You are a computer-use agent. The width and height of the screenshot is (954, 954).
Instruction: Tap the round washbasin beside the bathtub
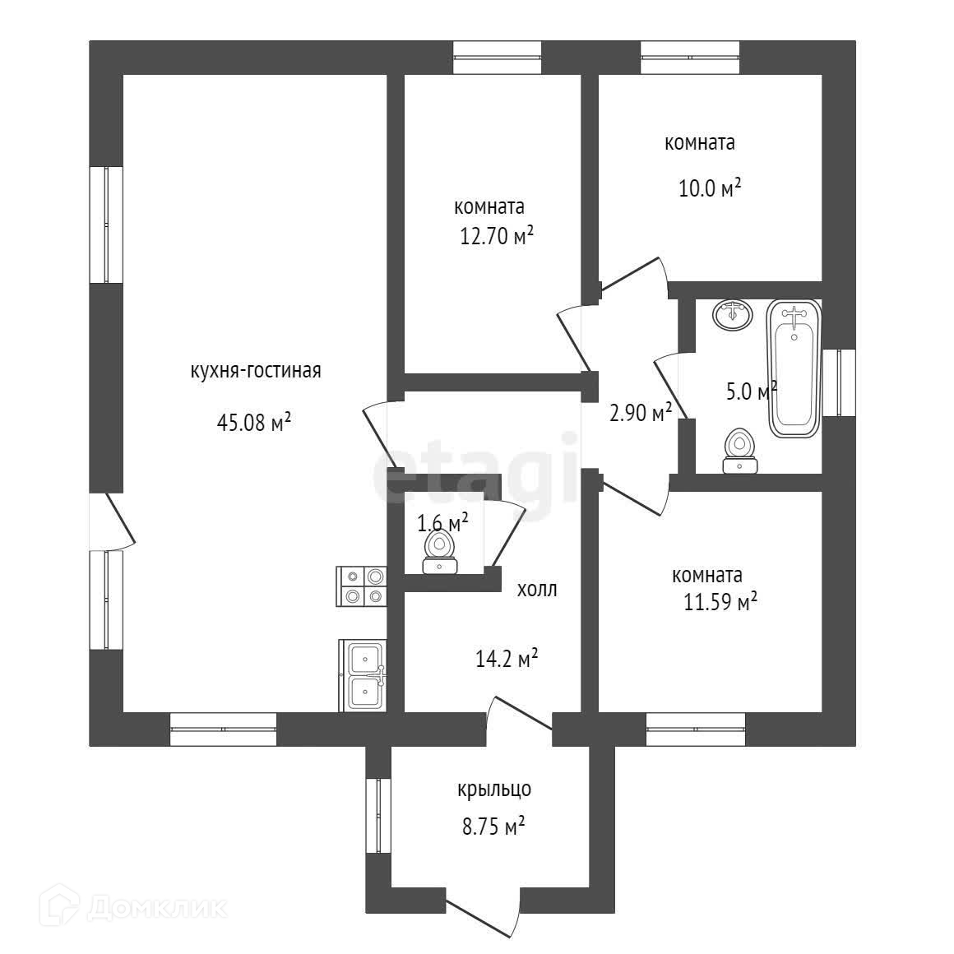click(x=732, y=314)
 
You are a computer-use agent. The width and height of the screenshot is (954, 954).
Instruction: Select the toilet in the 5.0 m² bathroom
click(x=740, y=452)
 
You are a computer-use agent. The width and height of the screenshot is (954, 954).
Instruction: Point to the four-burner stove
click(x=362, y=587)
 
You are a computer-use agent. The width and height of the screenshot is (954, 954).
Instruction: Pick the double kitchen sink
click(x=363, y=675)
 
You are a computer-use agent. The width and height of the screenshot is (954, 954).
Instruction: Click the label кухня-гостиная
click(x=255, y=371)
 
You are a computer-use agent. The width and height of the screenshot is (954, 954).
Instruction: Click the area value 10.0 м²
click(x=709, y=189)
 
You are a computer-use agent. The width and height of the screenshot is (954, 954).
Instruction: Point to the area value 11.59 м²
click(x=720, y=602)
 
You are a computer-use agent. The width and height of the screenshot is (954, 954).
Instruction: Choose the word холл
click(x=537, y=590)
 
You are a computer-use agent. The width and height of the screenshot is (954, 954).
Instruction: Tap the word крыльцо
click(x=494, y=790)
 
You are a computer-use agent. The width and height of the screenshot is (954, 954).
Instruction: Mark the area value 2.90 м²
click(x=641, y=413)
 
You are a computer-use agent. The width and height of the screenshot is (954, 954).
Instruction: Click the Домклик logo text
click(x=155, y=907)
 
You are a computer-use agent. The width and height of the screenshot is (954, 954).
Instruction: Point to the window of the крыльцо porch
click(x=378, y=817)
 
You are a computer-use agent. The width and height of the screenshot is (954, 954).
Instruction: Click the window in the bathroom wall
click(x=839, y=383)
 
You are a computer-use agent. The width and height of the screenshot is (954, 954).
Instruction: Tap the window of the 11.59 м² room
click(x=696, y=729)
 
